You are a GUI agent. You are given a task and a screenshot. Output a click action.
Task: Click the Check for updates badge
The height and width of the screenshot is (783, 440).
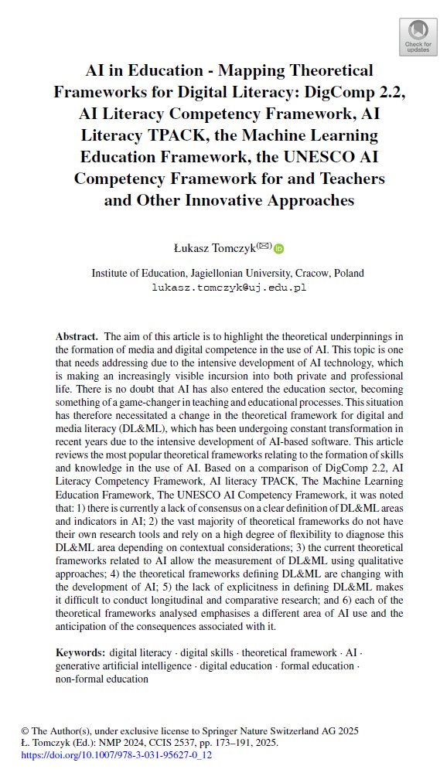[x=418, y=36]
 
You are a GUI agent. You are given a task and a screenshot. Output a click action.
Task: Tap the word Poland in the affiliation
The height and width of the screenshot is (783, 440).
[x=346, y=273]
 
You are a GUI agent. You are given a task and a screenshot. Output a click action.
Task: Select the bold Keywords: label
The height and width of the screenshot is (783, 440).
[x=80, y=652]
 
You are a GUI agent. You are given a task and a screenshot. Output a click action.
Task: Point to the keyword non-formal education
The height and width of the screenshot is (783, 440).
[x=101, y=679]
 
